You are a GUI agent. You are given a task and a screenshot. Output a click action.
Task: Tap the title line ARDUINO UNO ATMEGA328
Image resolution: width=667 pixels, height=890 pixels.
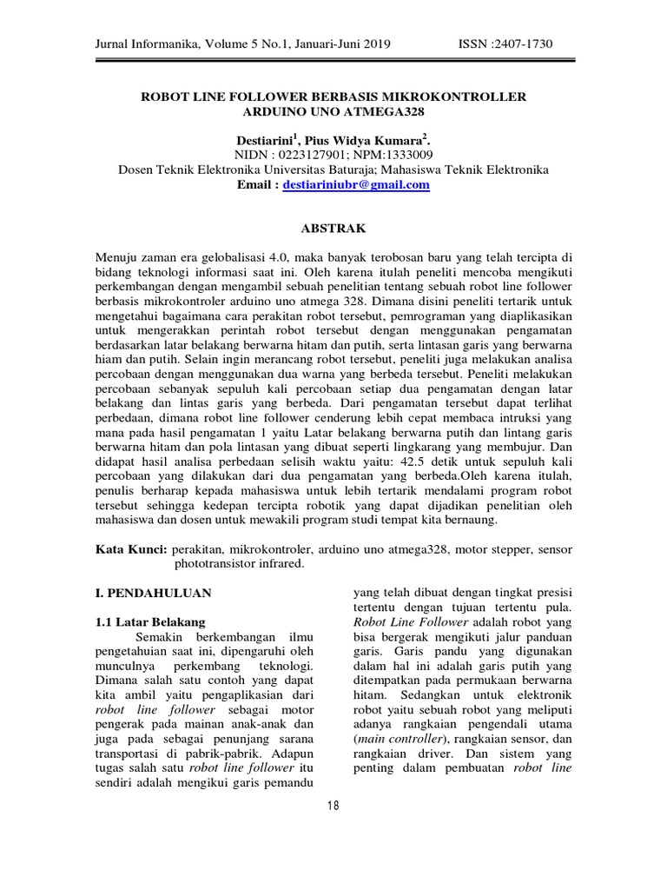[x=333, y=112]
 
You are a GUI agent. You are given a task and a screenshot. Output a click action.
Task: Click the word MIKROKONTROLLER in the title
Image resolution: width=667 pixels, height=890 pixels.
[x=459, y=96]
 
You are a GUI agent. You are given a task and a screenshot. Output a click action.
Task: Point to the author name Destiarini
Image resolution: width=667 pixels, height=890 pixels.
[x=265, y=139]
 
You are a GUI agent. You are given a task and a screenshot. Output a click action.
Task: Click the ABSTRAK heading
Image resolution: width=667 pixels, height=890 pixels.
[x=333, y=229]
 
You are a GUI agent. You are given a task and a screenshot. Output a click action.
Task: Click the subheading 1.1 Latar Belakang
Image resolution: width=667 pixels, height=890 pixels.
[x=149, y=622]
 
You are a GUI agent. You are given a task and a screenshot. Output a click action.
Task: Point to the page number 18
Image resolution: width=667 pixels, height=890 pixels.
[x=333, y=806]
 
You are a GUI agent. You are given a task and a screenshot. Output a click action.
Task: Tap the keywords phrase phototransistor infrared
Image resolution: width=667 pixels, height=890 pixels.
[x=240, y=565]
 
